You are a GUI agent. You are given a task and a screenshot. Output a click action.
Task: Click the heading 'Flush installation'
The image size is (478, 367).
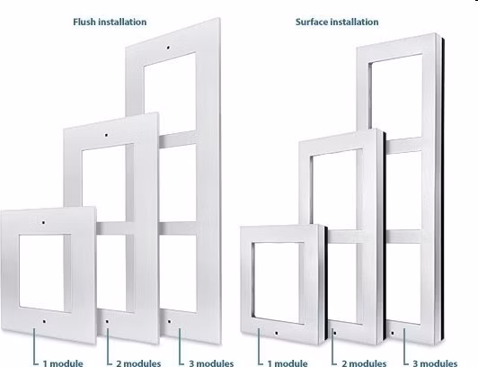110,22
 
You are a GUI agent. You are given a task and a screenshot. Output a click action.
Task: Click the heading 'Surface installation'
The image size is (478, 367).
337,22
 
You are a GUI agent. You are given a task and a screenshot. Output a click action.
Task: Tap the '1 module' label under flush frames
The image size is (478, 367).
63,363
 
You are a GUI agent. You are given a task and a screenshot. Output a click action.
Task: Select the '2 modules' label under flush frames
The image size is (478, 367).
138,363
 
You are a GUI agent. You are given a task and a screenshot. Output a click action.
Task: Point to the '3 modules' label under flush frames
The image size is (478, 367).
211,363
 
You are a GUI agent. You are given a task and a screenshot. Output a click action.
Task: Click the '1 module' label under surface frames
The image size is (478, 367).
288,363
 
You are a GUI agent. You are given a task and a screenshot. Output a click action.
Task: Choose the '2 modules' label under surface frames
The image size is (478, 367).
364,363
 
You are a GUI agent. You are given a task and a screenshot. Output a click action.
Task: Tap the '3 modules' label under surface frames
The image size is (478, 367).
435,363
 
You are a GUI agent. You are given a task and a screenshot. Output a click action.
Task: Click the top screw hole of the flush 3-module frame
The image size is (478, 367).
168,48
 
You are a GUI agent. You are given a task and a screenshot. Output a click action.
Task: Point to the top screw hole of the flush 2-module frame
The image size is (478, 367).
106,135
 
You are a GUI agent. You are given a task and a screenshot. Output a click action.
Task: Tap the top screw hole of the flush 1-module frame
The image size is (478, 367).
43,222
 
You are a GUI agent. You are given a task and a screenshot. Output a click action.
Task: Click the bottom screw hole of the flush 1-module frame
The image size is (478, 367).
45,321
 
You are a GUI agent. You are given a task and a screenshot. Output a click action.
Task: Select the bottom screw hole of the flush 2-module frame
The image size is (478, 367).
107,321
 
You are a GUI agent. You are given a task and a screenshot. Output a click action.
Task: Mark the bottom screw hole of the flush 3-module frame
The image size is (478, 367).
169,321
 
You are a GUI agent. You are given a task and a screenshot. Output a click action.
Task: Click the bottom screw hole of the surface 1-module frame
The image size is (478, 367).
276,333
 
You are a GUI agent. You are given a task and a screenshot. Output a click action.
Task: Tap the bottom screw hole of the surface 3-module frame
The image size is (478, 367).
393,333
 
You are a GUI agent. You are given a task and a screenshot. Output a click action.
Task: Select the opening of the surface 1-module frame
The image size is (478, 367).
278,282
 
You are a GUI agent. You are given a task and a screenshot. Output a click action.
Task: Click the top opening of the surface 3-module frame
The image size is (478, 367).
396,95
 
